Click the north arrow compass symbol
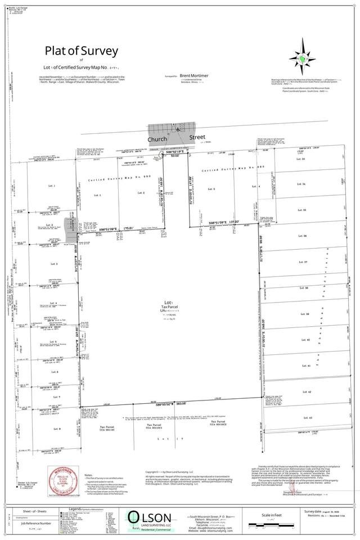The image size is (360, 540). (x=301, y=58)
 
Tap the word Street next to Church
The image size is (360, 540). (x=193, y=136)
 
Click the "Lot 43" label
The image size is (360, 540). (x=307, y=417)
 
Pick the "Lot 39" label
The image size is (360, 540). (x=307, y=314)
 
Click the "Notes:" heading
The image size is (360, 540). (x=89, y=475)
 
